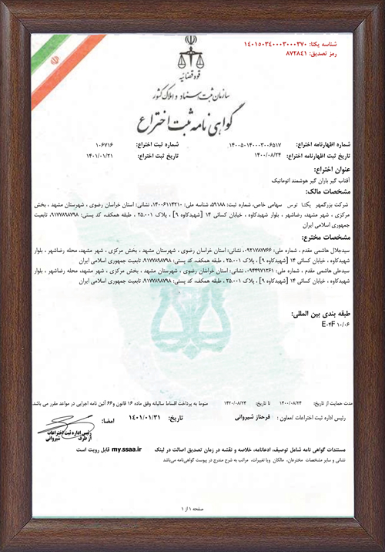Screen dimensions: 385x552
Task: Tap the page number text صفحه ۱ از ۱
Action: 190,509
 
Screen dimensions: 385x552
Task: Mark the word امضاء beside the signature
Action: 110,422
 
